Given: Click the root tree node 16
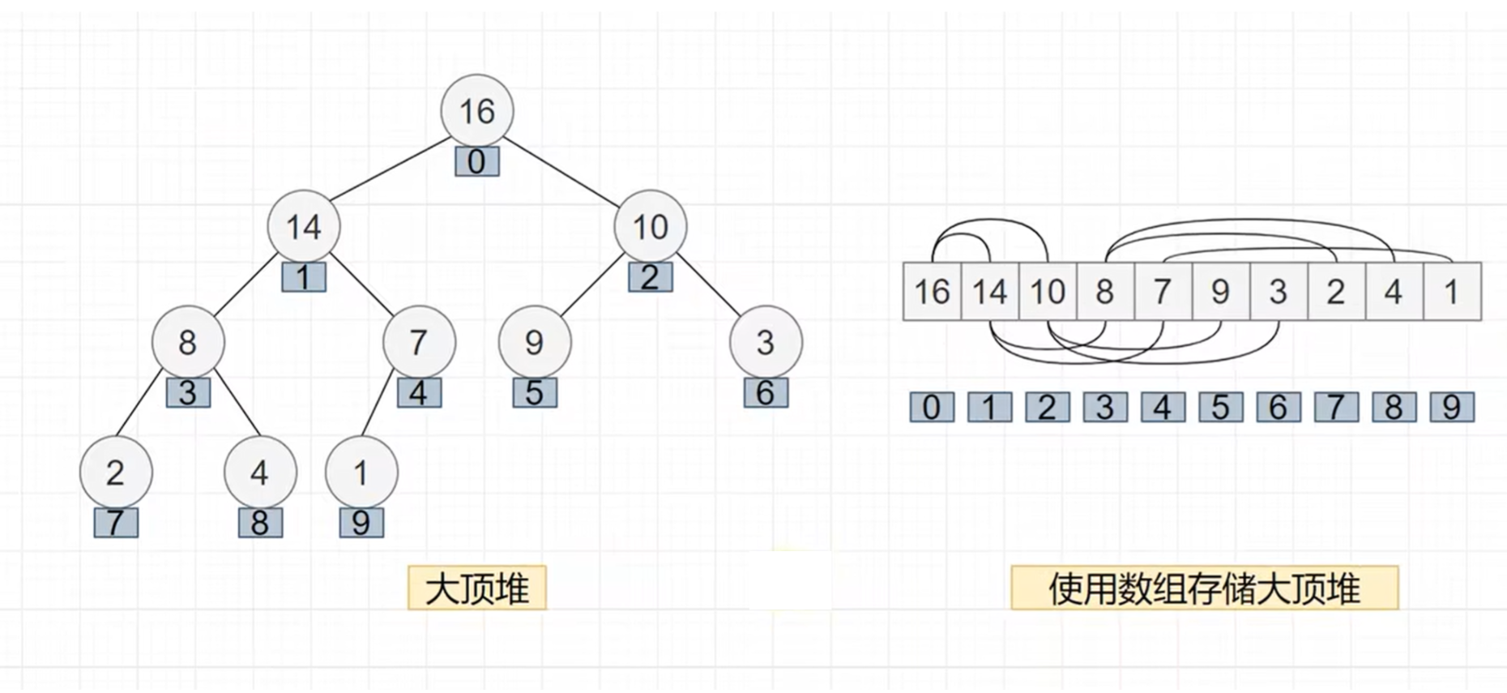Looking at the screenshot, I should click(x=477, y=111).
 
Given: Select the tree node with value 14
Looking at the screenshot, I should click(x=304, y=227).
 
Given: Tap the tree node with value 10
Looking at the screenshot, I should click(x=650, y=227).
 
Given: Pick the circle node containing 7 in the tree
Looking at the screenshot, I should click(x=419, y=342).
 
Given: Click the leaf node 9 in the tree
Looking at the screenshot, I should click(x=534, y=342).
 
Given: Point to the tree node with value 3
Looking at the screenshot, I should click(x=766, y=342).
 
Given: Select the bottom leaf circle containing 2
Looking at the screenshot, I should click(x=116, y=473).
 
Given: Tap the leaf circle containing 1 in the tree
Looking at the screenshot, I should click(x=361, y=473).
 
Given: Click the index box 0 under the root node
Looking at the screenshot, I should click(x=476, y=161).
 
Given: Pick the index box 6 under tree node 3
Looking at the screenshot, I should click(x=766, y=393).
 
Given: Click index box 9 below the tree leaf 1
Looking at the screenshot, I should click(x=361, y=523).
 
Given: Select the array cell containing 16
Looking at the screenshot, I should click(x=932, y=292).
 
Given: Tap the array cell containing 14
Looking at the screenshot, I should click(x=989, y=292).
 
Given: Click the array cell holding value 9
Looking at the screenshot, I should click(x=1220, y=292).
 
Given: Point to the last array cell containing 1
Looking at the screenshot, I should click(x=1451, y=292).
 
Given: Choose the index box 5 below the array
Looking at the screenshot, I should click(x=1220, y=407).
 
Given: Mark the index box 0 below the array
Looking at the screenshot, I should click(x=932, y=407).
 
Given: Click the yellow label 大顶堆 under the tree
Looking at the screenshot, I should click(x=477, y=588).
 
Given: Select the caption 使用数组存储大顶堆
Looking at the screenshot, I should click(x=1204, y=588).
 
